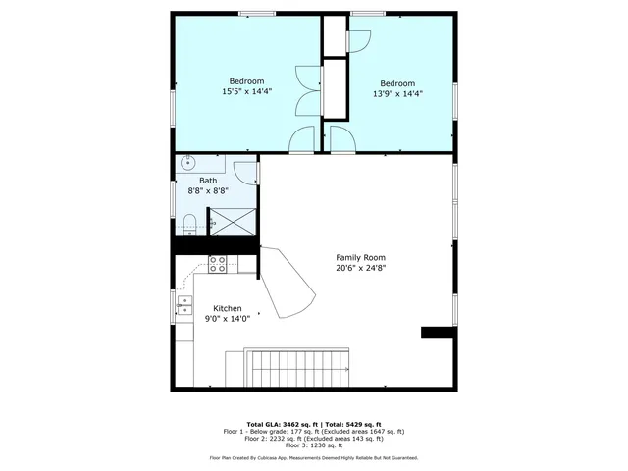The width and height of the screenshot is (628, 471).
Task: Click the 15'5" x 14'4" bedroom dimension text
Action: (246, 91)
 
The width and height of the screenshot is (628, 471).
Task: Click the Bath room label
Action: (208, 181)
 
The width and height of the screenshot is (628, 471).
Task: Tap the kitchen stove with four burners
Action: (217, 263)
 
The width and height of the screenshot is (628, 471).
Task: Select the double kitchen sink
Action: (183, 307)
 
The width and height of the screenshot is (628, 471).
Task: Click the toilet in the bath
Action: (190, 221)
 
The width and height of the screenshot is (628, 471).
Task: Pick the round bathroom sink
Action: (188, 163)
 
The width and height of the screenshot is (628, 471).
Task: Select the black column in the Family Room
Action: (435, 333)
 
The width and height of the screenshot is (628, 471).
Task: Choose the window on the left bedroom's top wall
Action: (257, 13)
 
